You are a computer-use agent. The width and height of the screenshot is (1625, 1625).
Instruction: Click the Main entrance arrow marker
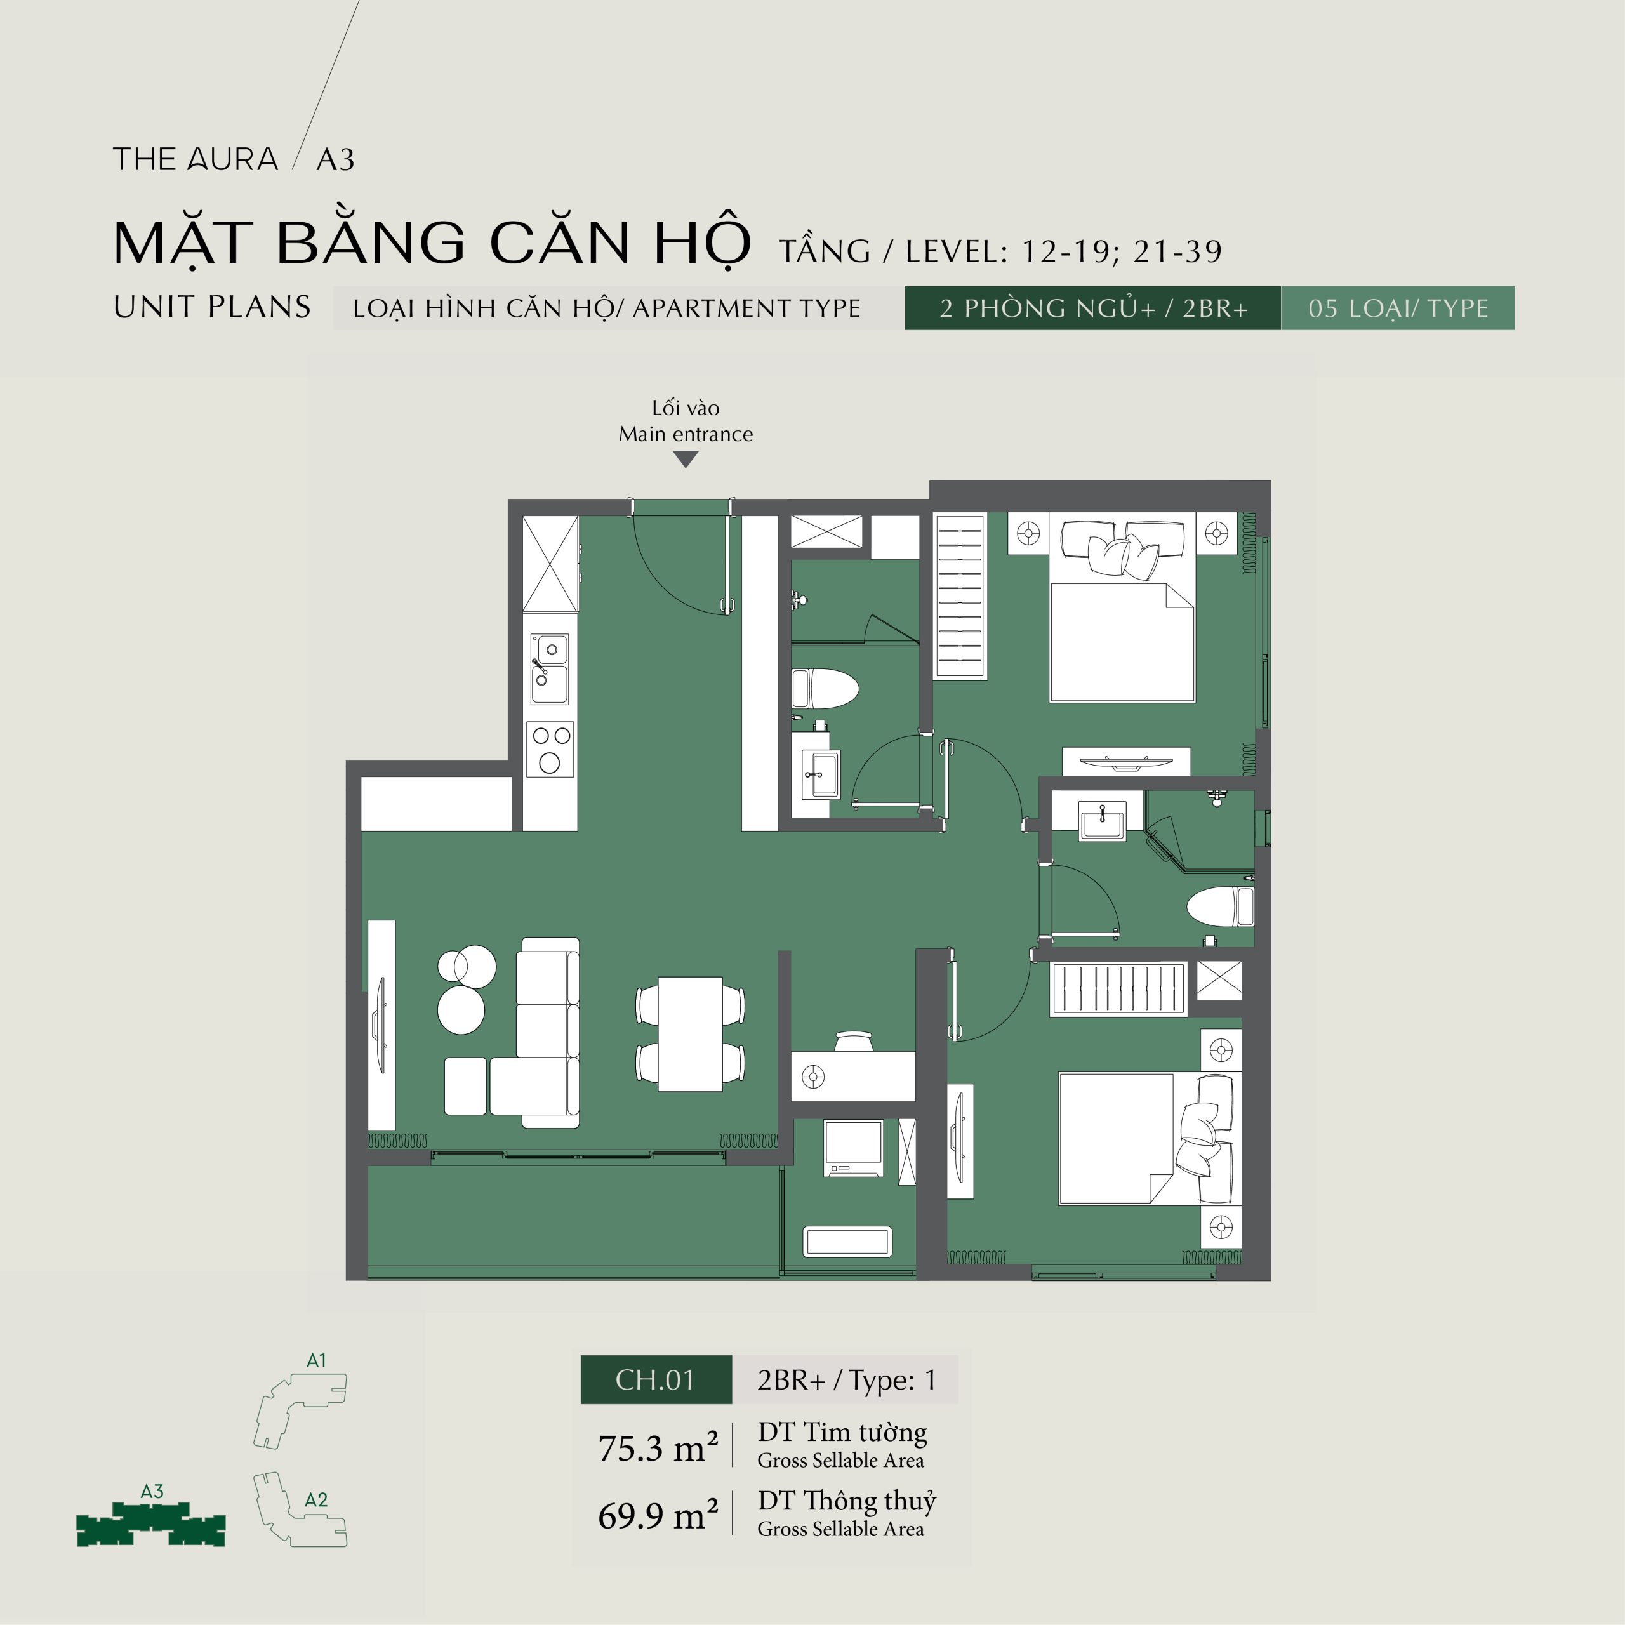[686, 459]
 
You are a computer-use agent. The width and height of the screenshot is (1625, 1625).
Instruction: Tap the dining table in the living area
[690, 1033]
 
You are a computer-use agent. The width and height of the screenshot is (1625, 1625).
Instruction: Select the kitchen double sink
[549, 668]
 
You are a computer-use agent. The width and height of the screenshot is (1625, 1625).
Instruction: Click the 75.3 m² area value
[658, 1447]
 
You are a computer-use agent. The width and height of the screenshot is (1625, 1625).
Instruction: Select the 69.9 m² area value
[658, 1515]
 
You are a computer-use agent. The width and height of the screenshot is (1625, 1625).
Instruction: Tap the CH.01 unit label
[655, 1379]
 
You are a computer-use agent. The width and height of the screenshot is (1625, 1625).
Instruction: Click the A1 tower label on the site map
[316, 1360]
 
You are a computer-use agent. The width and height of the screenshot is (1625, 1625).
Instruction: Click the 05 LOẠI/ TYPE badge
[1398, 308]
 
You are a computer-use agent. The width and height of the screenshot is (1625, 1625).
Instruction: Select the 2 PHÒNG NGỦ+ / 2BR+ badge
[1092, 308]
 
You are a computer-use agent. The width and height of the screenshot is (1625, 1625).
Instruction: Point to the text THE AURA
[195, 159]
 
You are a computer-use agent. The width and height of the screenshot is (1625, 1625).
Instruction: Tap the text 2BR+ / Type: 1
[846, 1379]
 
